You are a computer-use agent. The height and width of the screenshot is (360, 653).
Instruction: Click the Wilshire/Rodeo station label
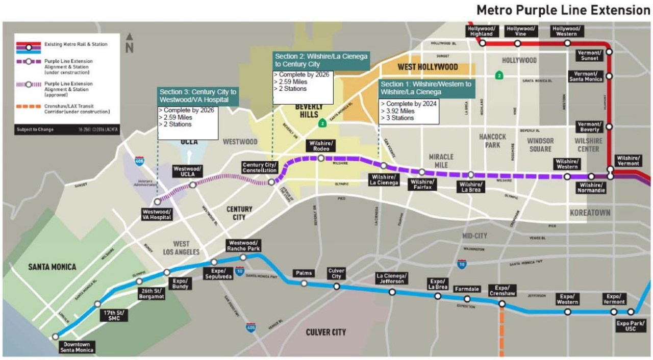tap(321, 146)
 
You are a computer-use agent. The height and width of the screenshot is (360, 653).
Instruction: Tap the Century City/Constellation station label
tap(260, 168)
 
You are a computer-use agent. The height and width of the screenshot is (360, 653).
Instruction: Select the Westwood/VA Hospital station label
tap(157, 215)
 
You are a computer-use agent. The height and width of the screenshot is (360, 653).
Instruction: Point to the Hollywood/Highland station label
tap(481, 31)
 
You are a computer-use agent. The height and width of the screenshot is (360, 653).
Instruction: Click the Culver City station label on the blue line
tap(337, 273)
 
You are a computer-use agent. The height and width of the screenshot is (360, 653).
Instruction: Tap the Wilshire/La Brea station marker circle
tap(471, 175)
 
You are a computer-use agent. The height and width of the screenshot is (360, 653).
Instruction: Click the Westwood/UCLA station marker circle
tap(193, 185)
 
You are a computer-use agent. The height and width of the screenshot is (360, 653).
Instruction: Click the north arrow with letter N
tap(130, 44)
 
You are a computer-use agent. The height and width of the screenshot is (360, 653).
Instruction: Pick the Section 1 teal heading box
tap(426, 88)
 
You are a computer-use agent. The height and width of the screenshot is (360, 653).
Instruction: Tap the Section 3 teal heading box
tap(198, 95)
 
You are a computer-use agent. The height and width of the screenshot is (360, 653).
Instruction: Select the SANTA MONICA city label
tap(52, 267)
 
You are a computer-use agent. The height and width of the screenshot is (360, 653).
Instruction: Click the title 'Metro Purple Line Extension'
tap(563, 10)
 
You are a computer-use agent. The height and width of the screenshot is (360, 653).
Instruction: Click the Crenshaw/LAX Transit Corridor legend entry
tap(77, 108)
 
